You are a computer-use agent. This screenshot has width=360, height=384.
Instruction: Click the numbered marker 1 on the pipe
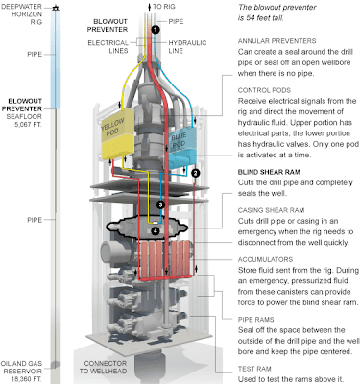[155, 29]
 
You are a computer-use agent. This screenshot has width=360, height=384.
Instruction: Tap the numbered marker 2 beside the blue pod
[196, 173]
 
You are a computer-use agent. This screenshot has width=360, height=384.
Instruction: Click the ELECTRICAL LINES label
[108, 47]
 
